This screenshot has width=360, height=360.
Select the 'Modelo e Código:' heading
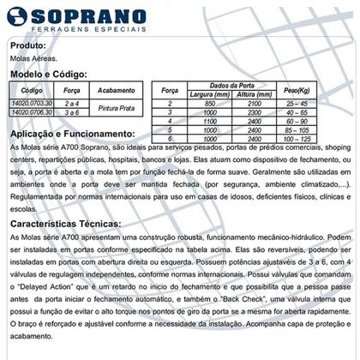pos(44,75)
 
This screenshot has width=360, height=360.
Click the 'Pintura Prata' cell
pos(111,106)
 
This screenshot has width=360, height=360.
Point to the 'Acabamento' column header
pos(111,90)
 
